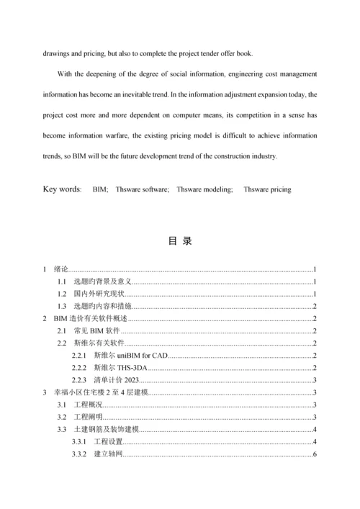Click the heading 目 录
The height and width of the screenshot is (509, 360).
(180, 241)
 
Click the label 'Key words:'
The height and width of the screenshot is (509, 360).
(63, 189)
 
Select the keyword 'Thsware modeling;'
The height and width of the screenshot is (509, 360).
(205, 189)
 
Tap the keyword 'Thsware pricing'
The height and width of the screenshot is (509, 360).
(267, 189)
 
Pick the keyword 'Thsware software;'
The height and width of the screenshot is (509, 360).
(143, 189)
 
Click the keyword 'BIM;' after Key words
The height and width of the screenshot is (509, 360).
(100, 189)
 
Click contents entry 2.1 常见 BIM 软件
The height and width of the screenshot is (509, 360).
(98, 331)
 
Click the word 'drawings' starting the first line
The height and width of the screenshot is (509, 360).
(60, 53)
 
